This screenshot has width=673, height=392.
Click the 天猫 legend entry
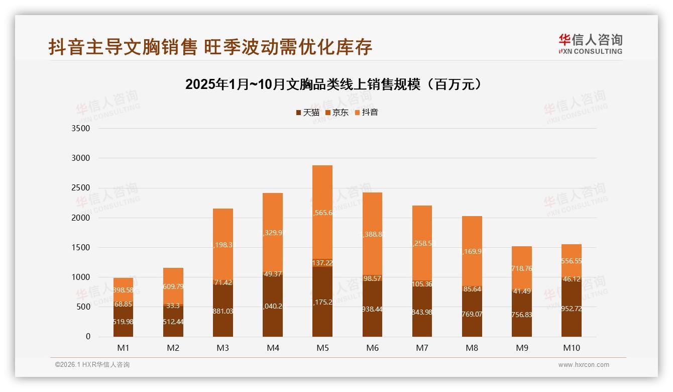308,113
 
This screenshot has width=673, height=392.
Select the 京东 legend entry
337,113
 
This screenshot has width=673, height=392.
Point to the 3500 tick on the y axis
81,129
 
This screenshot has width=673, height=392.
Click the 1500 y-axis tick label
81,248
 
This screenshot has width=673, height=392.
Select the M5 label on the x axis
322,348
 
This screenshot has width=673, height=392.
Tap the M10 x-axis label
572,348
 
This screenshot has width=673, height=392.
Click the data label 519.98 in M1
123,322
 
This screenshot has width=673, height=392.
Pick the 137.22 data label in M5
322,263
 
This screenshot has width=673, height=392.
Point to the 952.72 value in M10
572,309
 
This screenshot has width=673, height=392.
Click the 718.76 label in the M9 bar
522,268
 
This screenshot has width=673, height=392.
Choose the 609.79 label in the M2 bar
173,287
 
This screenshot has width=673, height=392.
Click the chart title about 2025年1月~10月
335,84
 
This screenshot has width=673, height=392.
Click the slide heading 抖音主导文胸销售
210,47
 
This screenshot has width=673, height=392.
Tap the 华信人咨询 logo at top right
590,44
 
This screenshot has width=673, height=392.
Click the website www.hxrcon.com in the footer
584,365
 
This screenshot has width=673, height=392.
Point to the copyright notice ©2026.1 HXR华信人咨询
92,365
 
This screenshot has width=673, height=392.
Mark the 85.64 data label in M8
472,289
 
